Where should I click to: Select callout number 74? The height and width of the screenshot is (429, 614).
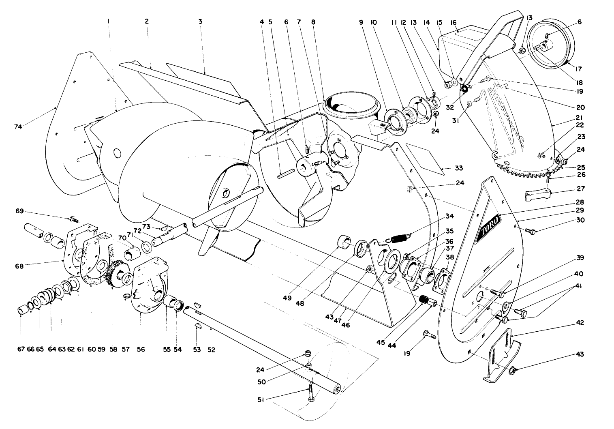(x=17, y=127)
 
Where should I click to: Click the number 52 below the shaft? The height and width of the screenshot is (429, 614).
(x=211, y=349)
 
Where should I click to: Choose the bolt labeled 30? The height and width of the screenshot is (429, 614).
(x=529, y=231)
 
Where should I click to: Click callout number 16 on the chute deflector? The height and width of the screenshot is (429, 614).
(x=453, y=22)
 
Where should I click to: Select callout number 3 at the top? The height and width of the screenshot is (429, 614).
(x=200, y=21)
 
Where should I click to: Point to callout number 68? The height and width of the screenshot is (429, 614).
(x=19, y=266)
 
